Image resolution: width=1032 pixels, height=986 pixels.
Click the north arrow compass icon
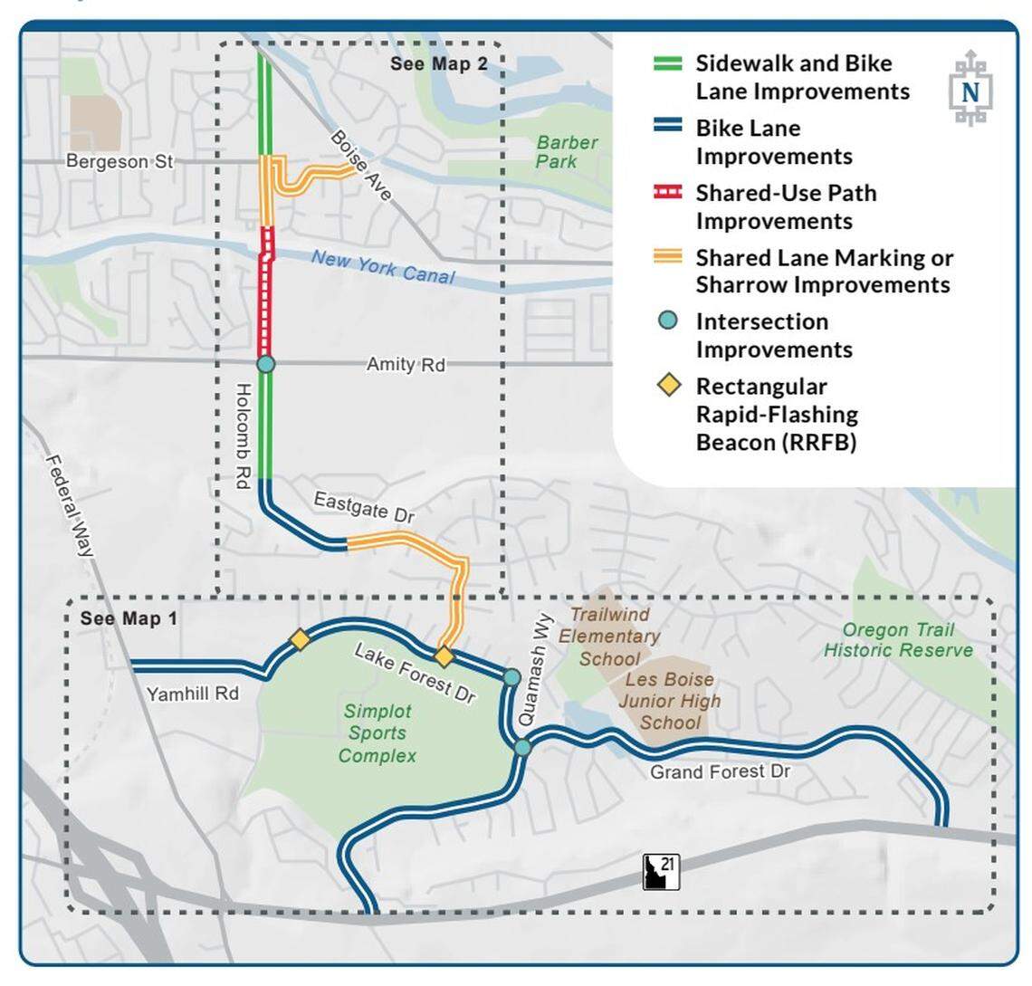[970, 89]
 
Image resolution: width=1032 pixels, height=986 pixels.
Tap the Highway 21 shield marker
[661, 871]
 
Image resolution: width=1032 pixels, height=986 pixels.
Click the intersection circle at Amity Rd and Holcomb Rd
[265, 364]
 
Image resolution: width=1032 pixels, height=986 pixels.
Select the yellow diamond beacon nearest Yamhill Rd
[299, 639]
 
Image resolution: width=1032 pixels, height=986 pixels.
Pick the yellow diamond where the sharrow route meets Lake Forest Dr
[444, 656]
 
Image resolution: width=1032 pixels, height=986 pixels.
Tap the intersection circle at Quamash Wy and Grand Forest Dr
[522, 747]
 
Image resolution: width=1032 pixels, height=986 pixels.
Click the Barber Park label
[566, 152]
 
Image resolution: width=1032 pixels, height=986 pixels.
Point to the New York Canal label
[383, 266]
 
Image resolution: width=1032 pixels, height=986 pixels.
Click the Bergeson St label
[119, 161]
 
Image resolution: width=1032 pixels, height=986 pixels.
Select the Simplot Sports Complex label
[377, 733]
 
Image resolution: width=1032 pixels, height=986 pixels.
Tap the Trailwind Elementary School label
[608, 637]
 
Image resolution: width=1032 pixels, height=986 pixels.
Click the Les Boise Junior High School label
[670, 701]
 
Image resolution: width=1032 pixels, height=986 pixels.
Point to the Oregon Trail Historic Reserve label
[898, 640]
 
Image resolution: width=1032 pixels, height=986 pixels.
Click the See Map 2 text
[438, 63]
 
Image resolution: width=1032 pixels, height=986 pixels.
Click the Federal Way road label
[72, 503]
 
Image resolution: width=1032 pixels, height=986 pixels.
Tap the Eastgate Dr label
[364, 507]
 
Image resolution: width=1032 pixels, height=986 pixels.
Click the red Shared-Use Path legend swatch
[668, 193]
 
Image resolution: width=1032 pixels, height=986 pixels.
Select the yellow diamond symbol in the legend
[669, 387]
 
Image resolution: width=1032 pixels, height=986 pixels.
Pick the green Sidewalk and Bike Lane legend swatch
[668, 64]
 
